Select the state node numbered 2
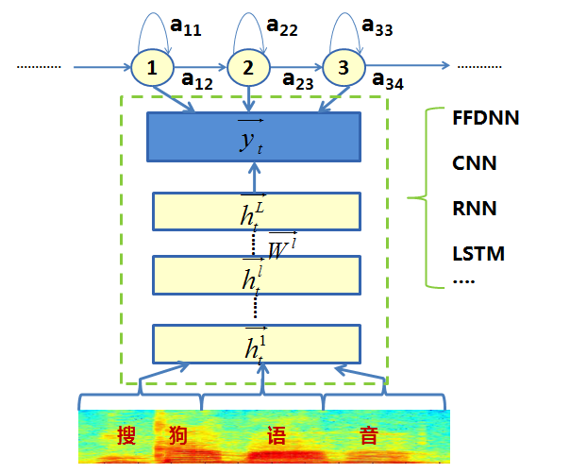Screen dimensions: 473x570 [x=247, y=68]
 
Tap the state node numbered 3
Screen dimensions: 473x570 [x=343, y=68]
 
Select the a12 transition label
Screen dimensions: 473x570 [x=195, y=82]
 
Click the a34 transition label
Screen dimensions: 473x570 [x=388, y=82]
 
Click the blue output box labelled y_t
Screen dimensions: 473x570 [x=254, y=137]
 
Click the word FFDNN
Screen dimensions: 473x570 [x=487, y=119]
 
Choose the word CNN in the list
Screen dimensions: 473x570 [x=475, y=164]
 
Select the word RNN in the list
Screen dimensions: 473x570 [x=475, y=209]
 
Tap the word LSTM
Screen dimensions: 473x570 [x=478, y=254]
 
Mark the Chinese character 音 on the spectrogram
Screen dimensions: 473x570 [x=369, y=436]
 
